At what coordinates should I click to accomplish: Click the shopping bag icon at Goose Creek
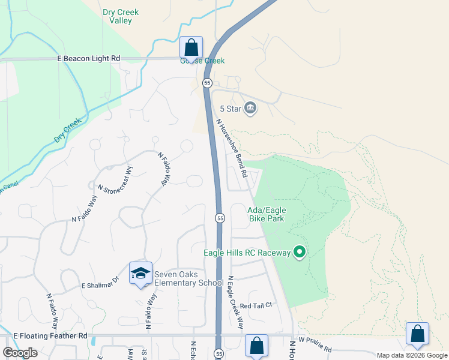click(191, 47)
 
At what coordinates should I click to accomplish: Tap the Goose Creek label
click(202, 61)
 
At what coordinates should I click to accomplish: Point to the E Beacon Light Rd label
click(89, 58)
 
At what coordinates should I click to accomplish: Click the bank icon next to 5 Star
click(250, 109)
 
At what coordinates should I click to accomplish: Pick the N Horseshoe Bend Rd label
click(232, 148)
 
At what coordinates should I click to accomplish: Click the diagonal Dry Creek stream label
click(67, 130)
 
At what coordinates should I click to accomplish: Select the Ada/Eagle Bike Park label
click(267, 214)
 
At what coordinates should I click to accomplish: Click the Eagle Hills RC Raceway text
click(246, 253)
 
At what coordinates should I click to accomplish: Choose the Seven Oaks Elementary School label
click(188, 279)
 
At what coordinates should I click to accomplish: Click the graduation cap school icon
click(140, 274)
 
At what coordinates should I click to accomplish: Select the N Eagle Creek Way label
click(235, 302)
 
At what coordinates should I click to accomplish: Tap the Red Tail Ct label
click(256, 305)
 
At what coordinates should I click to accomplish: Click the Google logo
click(20, 352)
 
